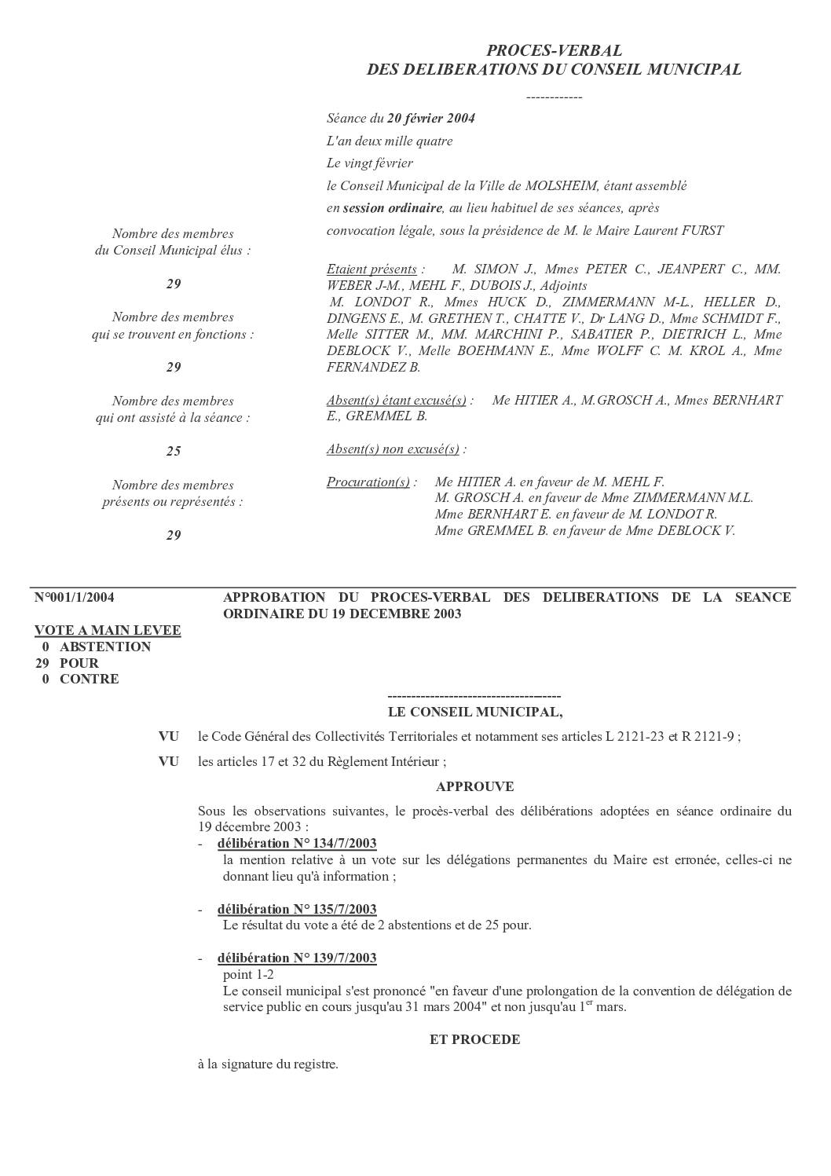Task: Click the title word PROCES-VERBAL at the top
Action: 554,51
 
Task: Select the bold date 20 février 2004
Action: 431,119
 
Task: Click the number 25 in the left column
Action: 174,452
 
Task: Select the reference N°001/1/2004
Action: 75,598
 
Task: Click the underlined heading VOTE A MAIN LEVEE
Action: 108,631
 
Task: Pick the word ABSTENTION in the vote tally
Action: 105,647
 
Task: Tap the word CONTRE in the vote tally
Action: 90,680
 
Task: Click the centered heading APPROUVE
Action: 475,786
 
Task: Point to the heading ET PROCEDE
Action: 475,1040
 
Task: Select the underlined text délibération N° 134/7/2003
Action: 297,844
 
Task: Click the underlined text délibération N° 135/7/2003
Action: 297,910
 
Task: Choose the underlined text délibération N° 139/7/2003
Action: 297,958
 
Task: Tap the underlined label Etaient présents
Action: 372,269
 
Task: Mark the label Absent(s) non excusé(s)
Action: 394,450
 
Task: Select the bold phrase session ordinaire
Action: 393,208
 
